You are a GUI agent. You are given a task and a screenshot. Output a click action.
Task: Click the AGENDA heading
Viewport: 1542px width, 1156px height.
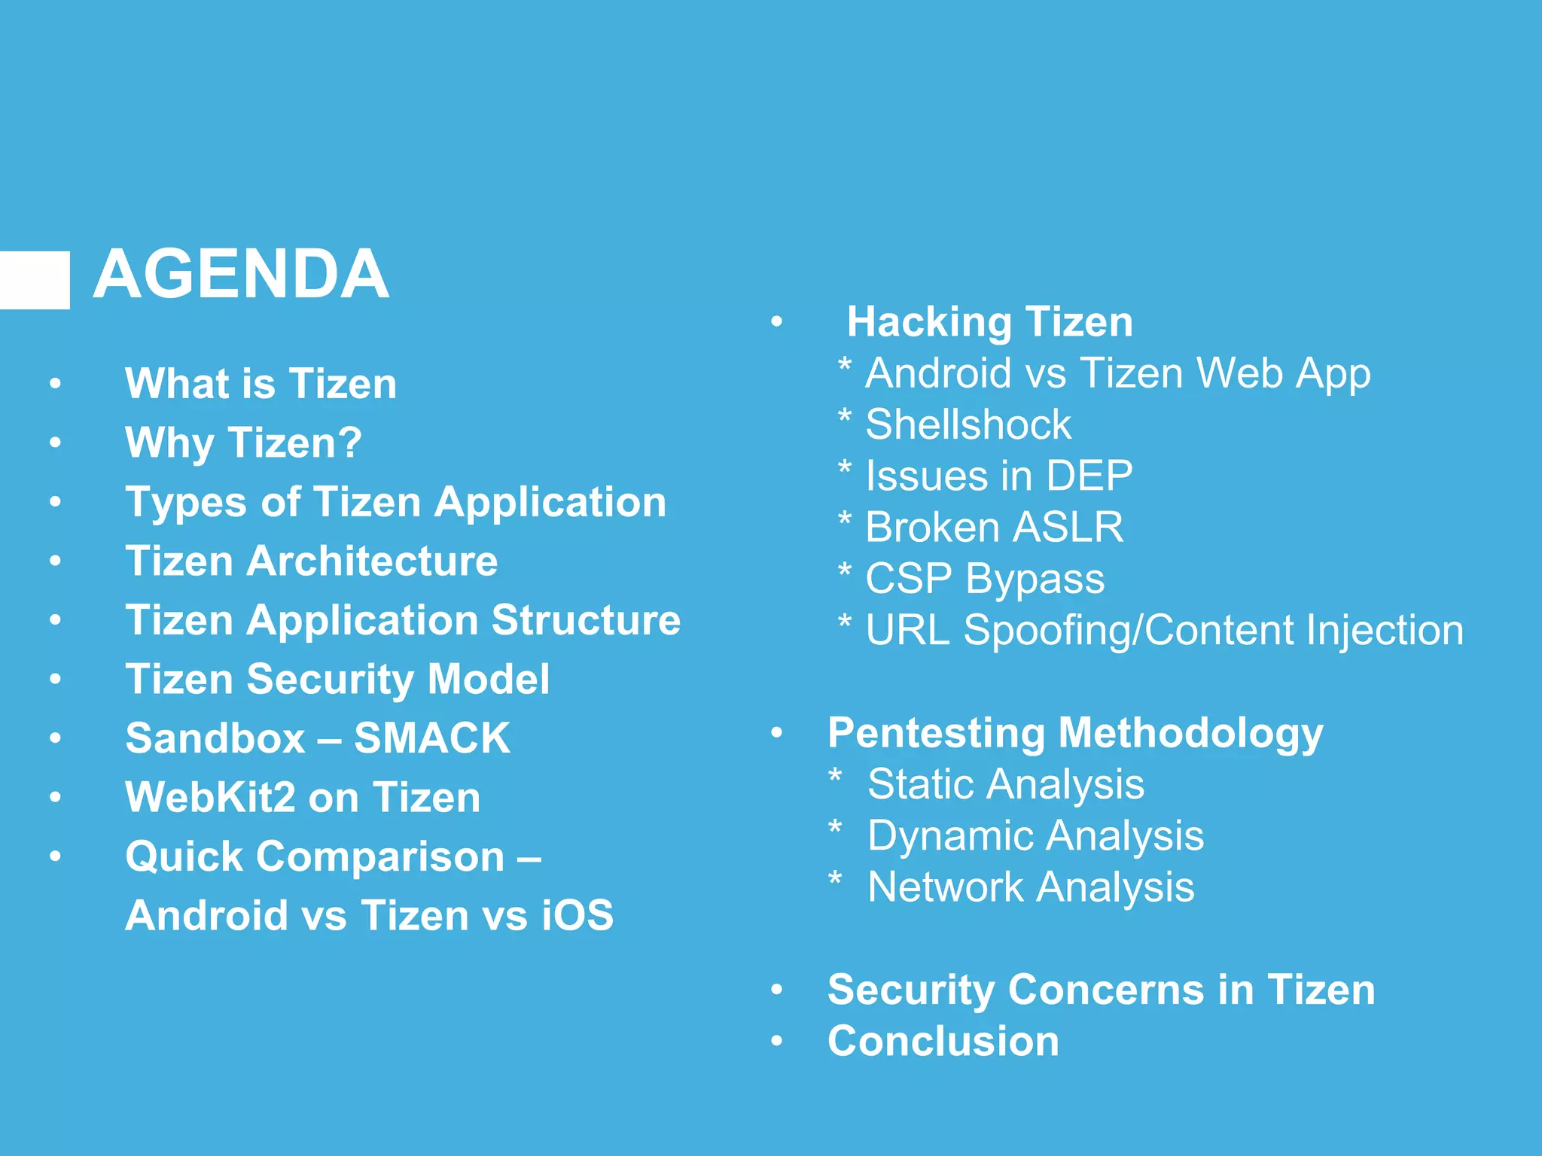(x=241, y=275)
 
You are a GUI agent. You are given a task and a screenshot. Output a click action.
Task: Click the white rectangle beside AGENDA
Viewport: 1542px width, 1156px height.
(x=34, y=280)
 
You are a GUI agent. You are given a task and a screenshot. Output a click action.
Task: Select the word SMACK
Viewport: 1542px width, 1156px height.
(x=432, y=738)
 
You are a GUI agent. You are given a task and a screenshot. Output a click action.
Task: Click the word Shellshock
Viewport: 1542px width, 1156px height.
(x=968, y=424)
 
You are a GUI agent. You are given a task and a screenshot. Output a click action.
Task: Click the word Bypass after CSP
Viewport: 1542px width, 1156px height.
(x=1035, y=580)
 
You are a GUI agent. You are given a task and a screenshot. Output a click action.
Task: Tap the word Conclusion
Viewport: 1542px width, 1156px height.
(x=943, y=1042)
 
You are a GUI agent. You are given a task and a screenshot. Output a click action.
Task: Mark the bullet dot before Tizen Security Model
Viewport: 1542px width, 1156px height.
(x=55, y=680)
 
